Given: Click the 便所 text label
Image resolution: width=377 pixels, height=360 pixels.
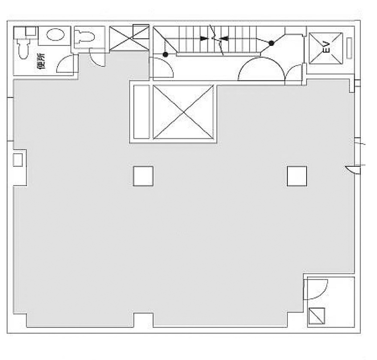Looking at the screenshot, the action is pyautogui.click(x=41, y=61).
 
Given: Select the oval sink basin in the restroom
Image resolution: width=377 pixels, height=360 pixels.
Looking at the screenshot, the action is pyautogui.click(x=55, y=34).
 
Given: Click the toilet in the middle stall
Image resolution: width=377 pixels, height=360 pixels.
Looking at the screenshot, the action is pyautogui.click(x=84, y=37).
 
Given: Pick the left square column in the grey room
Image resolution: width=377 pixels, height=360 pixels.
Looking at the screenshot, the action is pyautogui.click(x=143, y=176).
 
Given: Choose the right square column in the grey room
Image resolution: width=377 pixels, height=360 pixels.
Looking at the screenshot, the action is pyautogui.click(x=297, y=176).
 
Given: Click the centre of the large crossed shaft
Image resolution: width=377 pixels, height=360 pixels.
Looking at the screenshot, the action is pyautogui.click(x=183, y=112).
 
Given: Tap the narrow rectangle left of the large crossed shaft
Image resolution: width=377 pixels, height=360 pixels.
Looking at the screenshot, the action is pyautogui.click(x=141, y=112).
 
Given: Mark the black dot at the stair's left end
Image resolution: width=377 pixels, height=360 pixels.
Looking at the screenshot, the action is pyautogui.click(x=165, y=55).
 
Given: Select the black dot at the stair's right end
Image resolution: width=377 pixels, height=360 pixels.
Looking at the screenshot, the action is pyautogui.click(x=272, y=43).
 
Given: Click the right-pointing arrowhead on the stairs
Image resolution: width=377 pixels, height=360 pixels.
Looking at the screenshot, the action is pyautogui.click(x=205, y=38).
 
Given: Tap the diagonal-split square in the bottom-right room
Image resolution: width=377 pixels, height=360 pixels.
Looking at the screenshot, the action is pyautogui.click(x=317, y=316).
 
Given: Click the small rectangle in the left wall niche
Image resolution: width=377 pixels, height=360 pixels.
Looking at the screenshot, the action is pyautogui.click(x=18, y=159).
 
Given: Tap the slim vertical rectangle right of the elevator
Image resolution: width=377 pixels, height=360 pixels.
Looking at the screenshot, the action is pyautogui.click(x=349, y=48).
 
